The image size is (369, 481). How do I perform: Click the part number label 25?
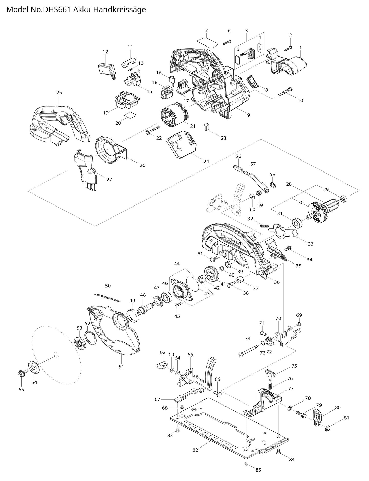(x=59, y=92)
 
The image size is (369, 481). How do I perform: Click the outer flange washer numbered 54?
(x=33, y=366)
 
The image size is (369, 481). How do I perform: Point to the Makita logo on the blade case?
(x=231, y=241)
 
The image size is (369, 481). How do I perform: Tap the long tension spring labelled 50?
(x=108, y=297)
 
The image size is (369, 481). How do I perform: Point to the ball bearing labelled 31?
(x=297, y=223)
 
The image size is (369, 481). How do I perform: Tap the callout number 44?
(x=177, y=263)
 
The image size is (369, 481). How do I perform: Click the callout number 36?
(x=277, y=282)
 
